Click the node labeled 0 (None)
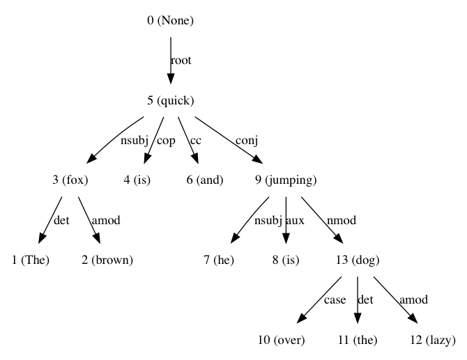[x=170, y=20]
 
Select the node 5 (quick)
[x=170, y=100]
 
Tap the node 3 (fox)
[x=70, y=180]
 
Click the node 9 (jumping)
[x=286, y=180]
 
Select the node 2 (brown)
[x=105, y=260]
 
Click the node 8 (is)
[x=286, y=260]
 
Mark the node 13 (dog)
[x=358, y=260]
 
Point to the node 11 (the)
[x=358, y=341]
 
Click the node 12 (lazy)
[x=433, y=341]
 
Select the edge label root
[x=181, y=61]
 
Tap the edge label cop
[x=166, y=141]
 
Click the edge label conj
[x=247, y=141]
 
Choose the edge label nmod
[x=342, y=221]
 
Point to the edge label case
[x=335, y=301]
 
